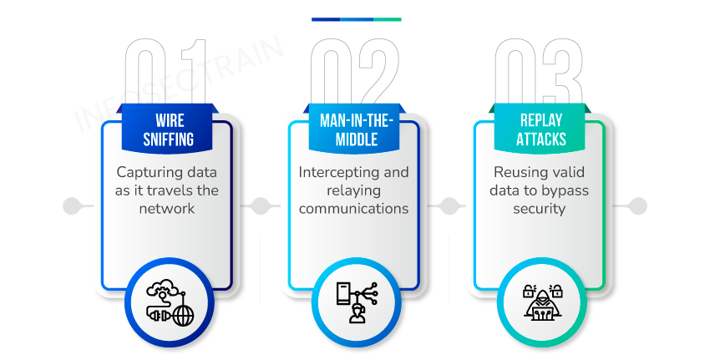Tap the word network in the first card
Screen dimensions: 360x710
[x=167, y=208]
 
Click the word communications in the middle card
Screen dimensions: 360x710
[x=355, y=208]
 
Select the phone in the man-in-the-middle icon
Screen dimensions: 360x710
[x=342, y=294]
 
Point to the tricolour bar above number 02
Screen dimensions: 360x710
[x=357, y=19]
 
